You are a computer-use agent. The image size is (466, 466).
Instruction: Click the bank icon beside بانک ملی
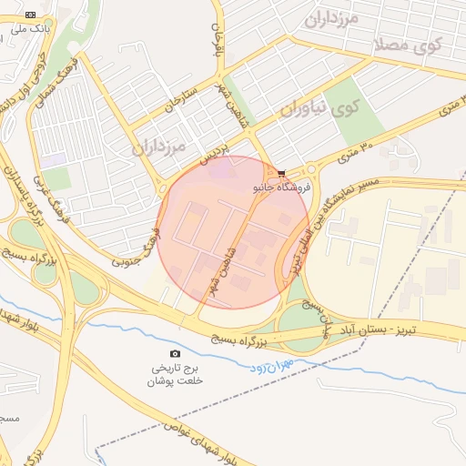click(x=31, y=15)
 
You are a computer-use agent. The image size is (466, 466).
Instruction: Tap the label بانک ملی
click(x=31, y=29)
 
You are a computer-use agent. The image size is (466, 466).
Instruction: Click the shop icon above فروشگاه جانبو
click(x=282, y=172)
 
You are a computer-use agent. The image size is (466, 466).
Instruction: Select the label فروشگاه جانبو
click(x=282, y=186)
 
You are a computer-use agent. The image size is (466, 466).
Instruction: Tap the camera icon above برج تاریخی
click(x=176, y=353)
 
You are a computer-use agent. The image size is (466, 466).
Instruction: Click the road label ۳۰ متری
click(x=356, y=146)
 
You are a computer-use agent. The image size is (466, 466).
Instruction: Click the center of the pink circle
click(x=234, y=232)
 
